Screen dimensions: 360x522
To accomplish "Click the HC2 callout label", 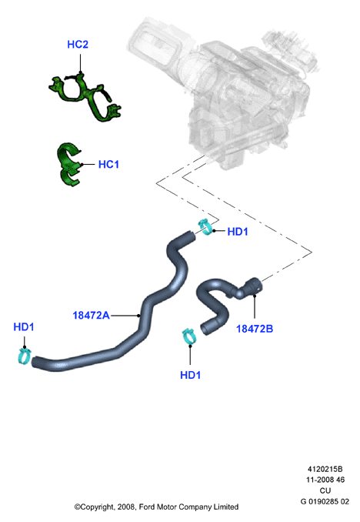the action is click(78, 45).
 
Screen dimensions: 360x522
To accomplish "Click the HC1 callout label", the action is click(108, 165).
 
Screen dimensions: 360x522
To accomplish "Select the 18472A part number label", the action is click(91, 315).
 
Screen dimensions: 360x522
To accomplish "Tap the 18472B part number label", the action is click(255, 329).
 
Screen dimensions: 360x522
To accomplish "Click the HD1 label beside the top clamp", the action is click(238, 232).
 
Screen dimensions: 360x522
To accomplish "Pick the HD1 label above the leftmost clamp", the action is click(24, 327).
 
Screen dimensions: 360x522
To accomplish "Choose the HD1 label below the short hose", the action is click(190, 375).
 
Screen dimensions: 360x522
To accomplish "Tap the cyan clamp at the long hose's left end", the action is click(24, 356).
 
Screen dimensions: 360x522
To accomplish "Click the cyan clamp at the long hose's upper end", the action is click(205, 227).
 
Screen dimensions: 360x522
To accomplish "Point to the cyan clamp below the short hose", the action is click(188, 336).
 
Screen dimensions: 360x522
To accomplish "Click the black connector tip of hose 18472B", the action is click(254, 286).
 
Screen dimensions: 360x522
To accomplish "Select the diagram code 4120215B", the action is click(325, 469).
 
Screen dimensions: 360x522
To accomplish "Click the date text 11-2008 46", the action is click(325, 480).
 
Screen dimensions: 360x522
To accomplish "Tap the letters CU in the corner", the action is click(325, 490).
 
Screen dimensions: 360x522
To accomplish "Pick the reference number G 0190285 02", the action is click(325, 501).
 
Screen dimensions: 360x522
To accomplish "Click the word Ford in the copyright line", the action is click(146, 507).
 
